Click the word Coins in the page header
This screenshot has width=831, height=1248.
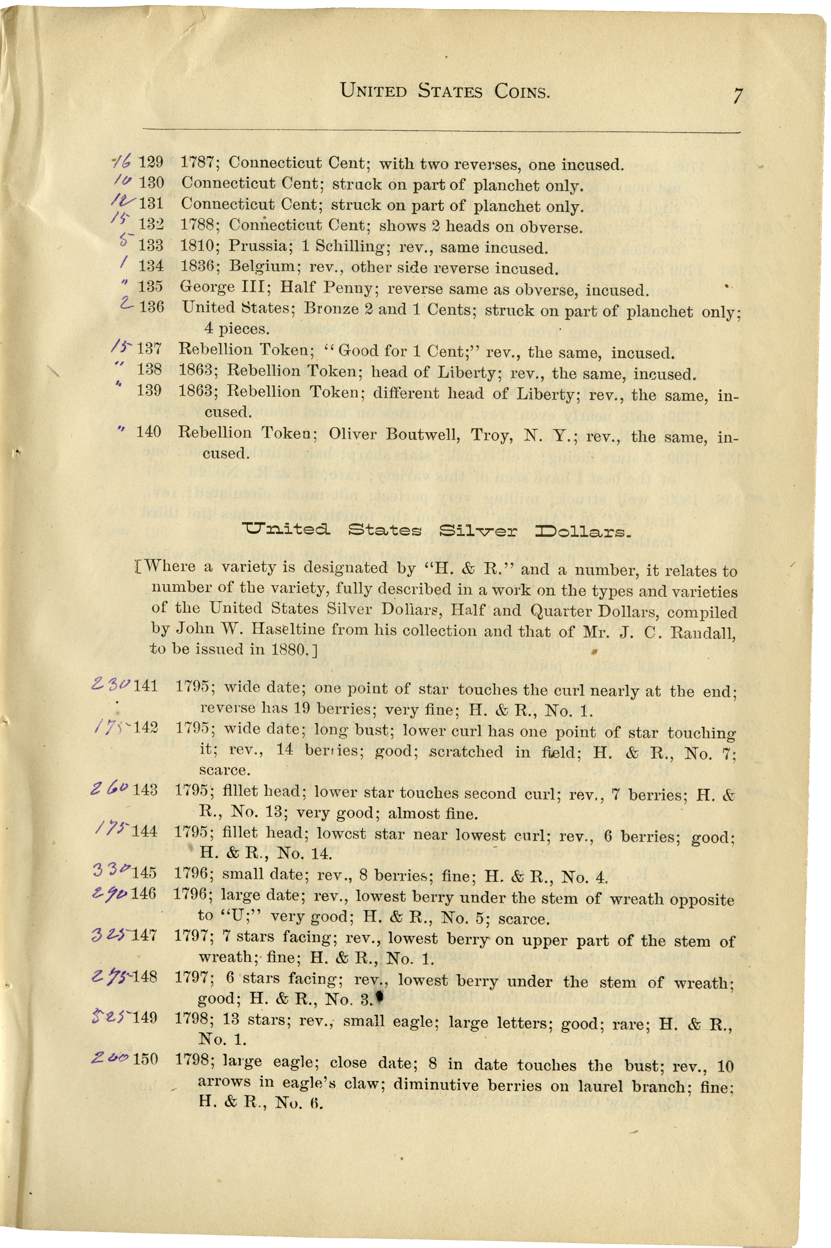click(x=522, y=92)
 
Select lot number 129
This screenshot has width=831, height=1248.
click(x=151, y=162)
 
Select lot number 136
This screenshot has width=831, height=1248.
click(x=151, y=307)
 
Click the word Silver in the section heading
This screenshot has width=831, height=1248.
click(x=478, y=530)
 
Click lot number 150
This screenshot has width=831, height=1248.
click(x=145, y=1059)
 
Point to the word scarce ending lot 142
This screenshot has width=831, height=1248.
click(x=224, y=770)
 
